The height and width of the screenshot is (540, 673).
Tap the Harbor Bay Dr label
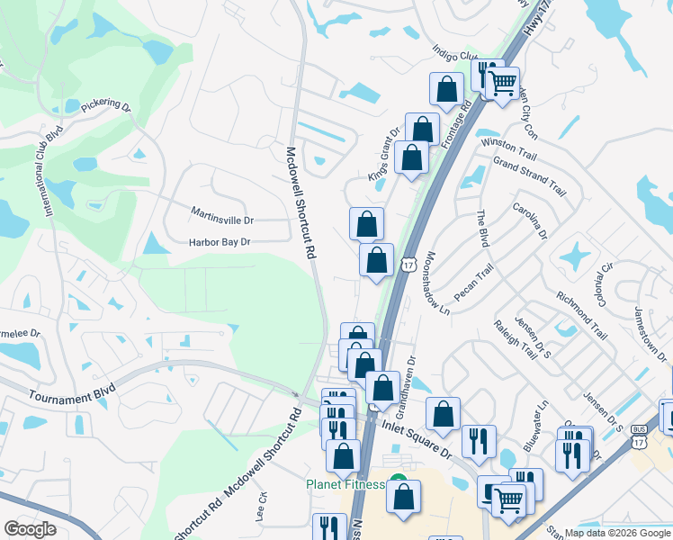coord(219,242)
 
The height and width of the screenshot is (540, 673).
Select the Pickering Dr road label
coord(105,105)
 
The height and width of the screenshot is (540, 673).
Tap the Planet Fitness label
coord(346,484)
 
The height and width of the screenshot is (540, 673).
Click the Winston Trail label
coord(509,144)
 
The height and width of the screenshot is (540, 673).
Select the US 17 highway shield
coord(408,265)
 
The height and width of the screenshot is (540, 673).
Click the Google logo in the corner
coord(30,528)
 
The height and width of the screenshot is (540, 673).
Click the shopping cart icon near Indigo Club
coord(504,84)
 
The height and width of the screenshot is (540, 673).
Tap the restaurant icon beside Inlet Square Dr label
coord(479,440)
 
